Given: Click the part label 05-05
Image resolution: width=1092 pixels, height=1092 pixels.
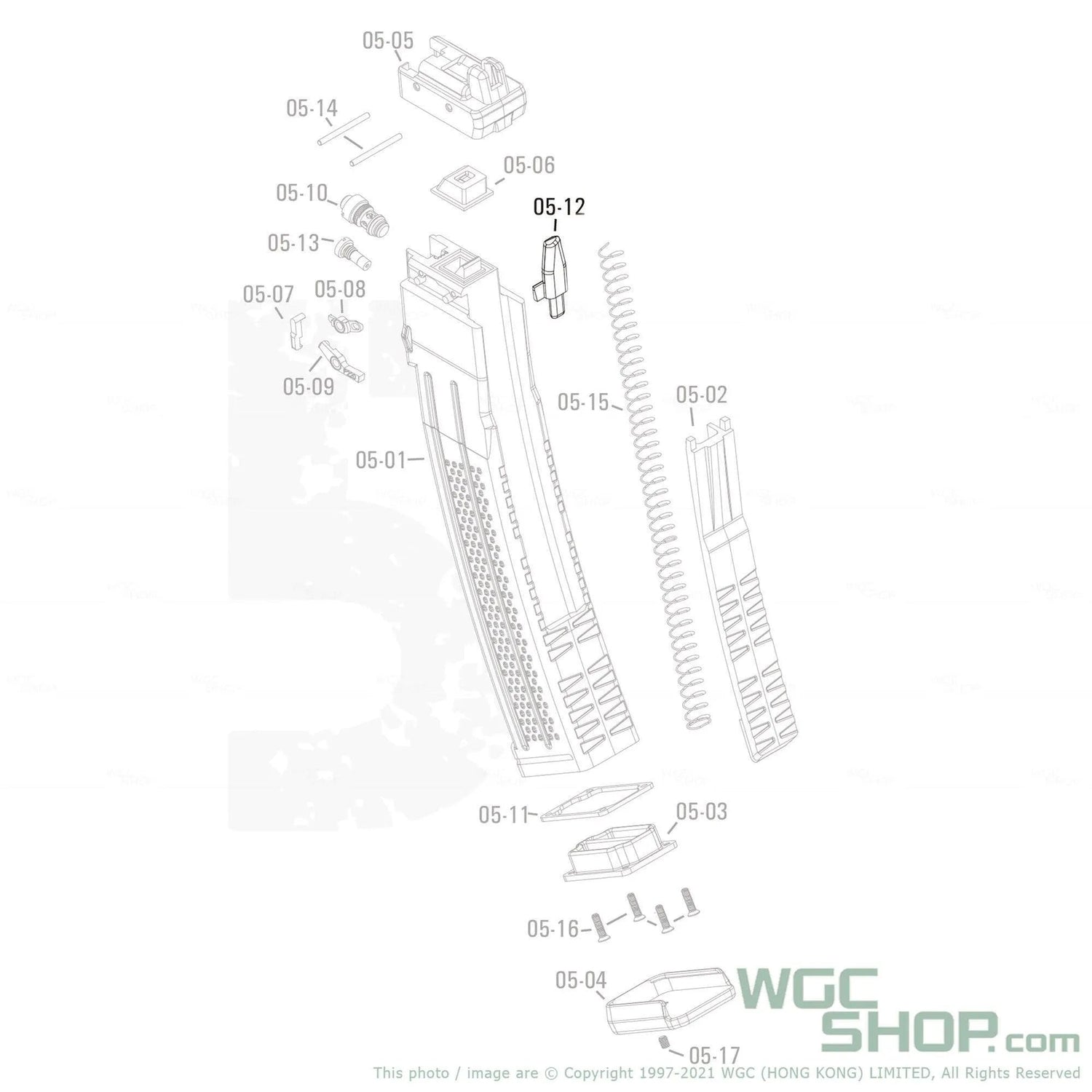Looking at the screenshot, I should [388, 40].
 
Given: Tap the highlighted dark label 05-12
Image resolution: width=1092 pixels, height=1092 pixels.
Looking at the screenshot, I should [558, 207].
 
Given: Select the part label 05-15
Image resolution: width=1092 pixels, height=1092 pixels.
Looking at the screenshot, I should [582, 402].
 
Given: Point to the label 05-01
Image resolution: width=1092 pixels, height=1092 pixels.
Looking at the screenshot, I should [380, 460].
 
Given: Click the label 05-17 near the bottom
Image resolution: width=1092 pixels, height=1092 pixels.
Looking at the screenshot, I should [713, 1055].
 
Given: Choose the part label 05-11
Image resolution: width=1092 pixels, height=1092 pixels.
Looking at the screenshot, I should [503, 815].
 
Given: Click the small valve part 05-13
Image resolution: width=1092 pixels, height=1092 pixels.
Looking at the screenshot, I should [350, 252].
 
